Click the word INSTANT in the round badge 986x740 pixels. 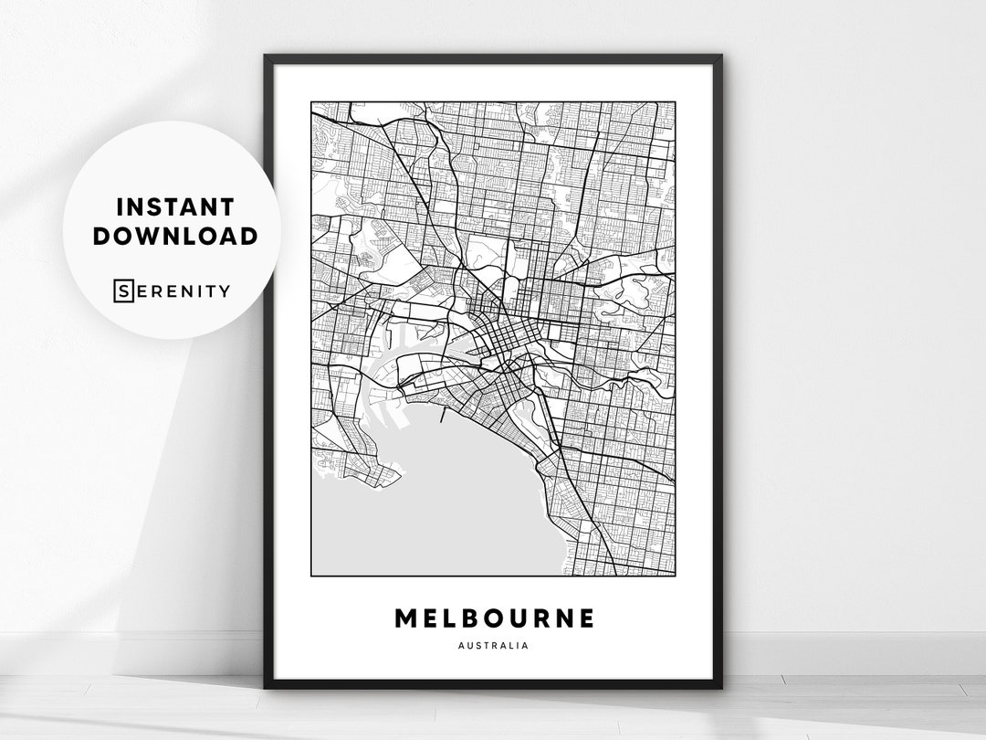coord(175,206)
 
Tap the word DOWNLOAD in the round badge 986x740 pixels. coord(175,236)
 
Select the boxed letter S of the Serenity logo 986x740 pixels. coord(122,291)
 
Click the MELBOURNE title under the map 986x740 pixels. coord(494,618)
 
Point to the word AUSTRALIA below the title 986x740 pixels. coord(494,646)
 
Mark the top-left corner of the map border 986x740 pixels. coord(311,100)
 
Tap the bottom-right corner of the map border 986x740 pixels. coord(676,576)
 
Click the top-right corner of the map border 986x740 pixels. coord(676,100)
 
